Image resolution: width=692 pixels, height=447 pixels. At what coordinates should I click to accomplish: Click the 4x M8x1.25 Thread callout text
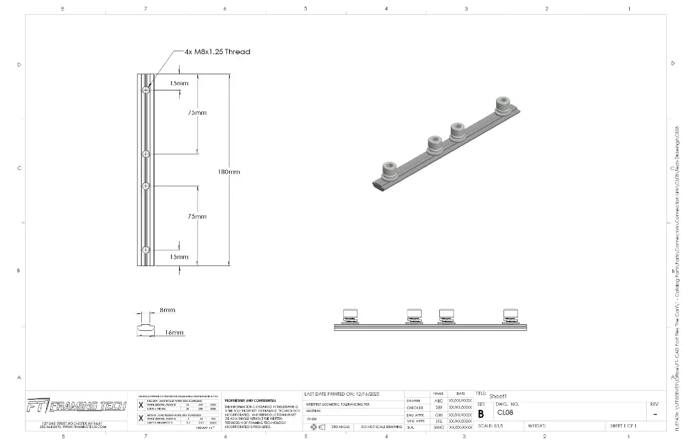point(217,51)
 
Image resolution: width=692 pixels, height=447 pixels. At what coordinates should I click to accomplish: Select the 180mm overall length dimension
point(228,172)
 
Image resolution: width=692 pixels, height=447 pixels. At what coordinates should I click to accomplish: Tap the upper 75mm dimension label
point(197,113)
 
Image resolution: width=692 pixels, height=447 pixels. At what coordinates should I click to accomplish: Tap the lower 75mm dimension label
point(197,216)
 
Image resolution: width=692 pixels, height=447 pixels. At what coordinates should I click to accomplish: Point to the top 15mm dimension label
point(179,83)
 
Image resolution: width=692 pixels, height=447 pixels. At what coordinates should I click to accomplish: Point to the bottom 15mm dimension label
point(179,257)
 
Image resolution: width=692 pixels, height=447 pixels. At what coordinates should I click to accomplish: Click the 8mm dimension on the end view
point(167,310)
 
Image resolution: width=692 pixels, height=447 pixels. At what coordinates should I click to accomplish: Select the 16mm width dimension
point(174,332)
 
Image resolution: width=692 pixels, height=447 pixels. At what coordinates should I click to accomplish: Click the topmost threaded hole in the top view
point(146,90)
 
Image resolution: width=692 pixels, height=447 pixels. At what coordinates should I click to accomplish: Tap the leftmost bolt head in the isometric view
point(389,168)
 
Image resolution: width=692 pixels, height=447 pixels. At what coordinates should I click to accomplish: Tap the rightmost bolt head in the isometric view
point(501,104)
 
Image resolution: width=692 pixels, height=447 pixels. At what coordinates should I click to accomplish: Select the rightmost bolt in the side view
point(512,315)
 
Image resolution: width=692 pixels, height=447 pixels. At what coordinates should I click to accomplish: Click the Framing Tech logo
point(76,405)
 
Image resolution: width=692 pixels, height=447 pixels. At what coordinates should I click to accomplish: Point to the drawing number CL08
point(505,412)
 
